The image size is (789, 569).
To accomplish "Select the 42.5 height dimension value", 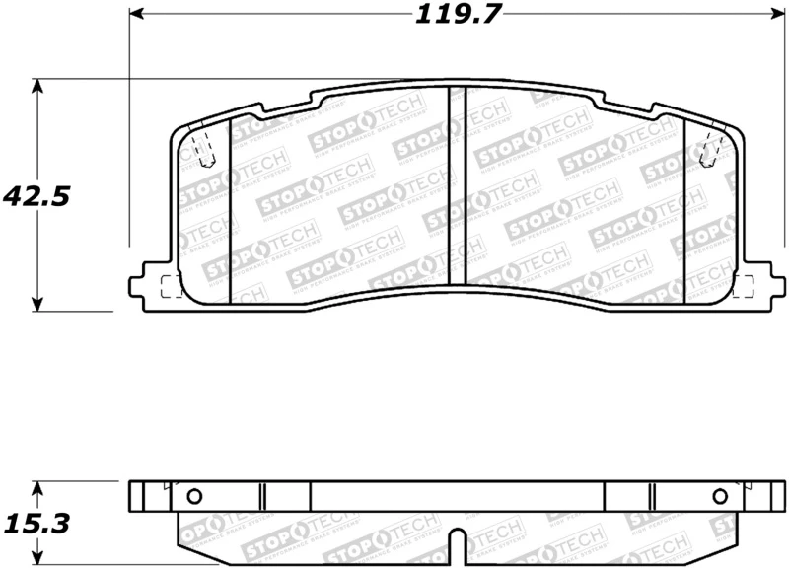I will pos(36,196).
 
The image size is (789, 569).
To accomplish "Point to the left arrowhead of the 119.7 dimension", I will pos(137,15).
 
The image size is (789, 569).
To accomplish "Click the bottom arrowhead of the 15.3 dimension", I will pos(37,562).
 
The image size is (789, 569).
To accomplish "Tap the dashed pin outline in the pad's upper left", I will pos(204,148).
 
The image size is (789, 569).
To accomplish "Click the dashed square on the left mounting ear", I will pos(171,286).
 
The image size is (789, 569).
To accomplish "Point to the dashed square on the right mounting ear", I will pos(743,286).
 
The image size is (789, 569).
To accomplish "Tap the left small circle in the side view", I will pos(193,496).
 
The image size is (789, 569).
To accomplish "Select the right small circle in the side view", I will pos(720,496).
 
